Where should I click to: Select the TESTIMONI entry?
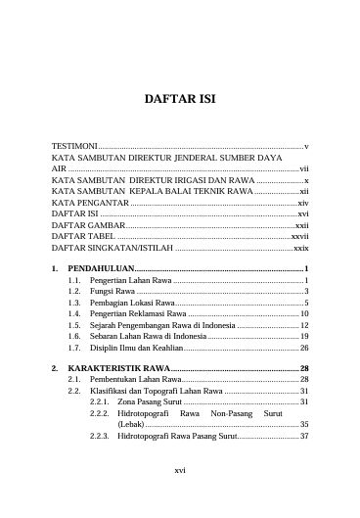pos(74,145)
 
